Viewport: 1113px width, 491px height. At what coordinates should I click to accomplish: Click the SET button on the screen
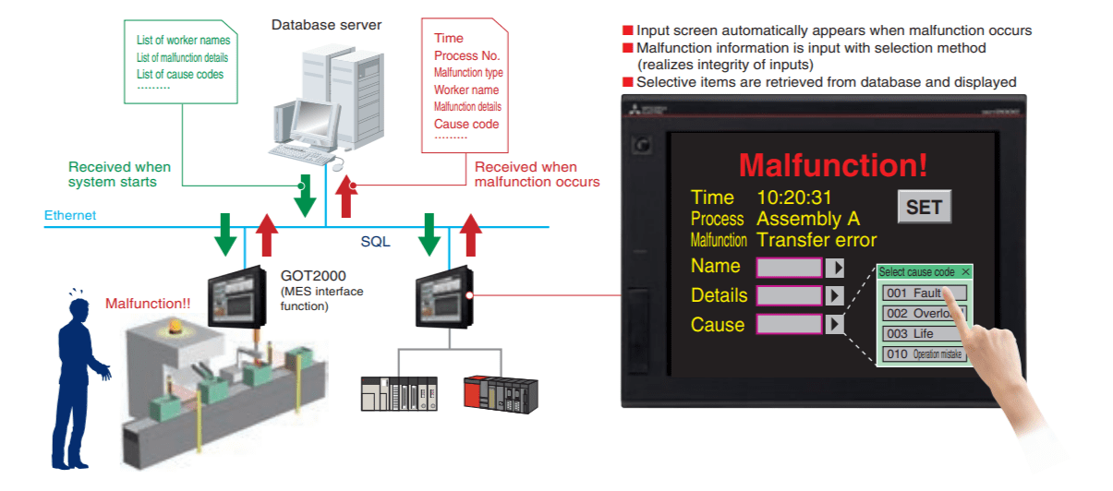click(x=924, y=208)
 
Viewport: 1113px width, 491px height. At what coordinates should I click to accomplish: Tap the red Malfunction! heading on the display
click(x=833, y=165)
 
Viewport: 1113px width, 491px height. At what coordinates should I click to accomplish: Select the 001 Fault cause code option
click(x=924, y=293)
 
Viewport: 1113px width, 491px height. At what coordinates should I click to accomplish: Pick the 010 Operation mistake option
click(x=924, y=354)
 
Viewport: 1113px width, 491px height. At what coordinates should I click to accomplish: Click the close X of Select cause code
click(x=965, y=272)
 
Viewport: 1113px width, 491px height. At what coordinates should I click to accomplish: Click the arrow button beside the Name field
click(x=835, y=268)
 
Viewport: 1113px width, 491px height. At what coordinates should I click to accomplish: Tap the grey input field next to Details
click(x=789, y=296)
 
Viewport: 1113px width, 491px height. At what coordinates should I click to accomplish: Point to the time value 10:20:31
click(x=794, y=198)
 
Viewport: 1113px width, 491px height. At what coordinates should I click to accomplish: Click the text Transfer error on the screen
click(x=816, y=240)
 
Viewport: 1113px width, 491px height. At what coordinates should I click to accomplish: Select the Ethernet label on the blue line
click(x=70, y=216)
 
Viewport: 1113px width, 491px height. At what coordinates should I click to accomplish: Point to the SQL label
click(x=375, y=242)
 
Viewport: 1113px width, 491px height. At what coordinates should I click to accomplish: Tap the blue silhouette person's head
click(x=74, y=308)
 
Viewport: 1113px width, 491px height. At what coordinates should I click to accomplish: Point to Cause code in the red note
click(x=466, y=124)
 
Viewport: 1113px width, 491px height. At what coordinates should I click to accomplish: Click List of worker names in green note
click(x=183, y=40)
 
